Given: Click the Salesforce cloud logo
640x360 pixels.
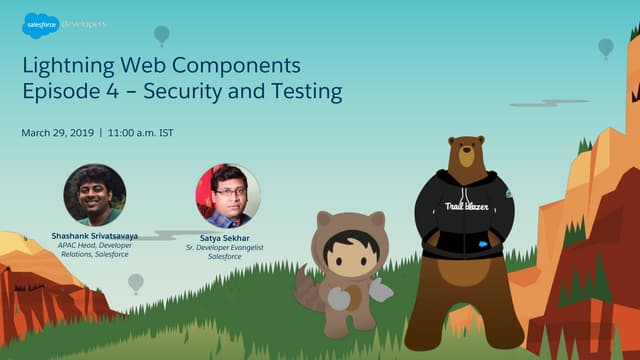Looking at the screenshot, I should click(x=40, y=24).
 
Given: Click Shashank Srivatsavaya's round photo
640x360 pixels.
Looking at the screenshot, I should click(x=95, y=195).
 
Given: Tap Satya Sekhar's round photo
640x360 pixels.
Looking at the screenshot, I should click(x=227, y=195).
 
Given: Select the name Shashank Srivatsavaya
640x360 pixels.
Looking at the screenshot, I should click(x=95, y=236).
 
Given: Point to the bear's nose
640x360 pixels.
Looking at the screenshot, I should click(x=468, y=158).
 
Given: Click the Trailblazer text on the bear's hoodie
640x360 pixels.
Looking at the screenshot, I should click(x=465, y=207).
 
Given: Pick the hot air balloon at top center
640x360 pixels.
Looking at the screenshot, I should click(x=161, y=35).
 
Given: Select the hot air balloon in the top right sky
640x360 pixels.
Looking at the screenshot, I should click(x=605, y=46).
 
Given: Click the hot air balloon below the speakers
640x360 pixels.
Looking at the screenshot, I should click(x=136, y=283).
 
